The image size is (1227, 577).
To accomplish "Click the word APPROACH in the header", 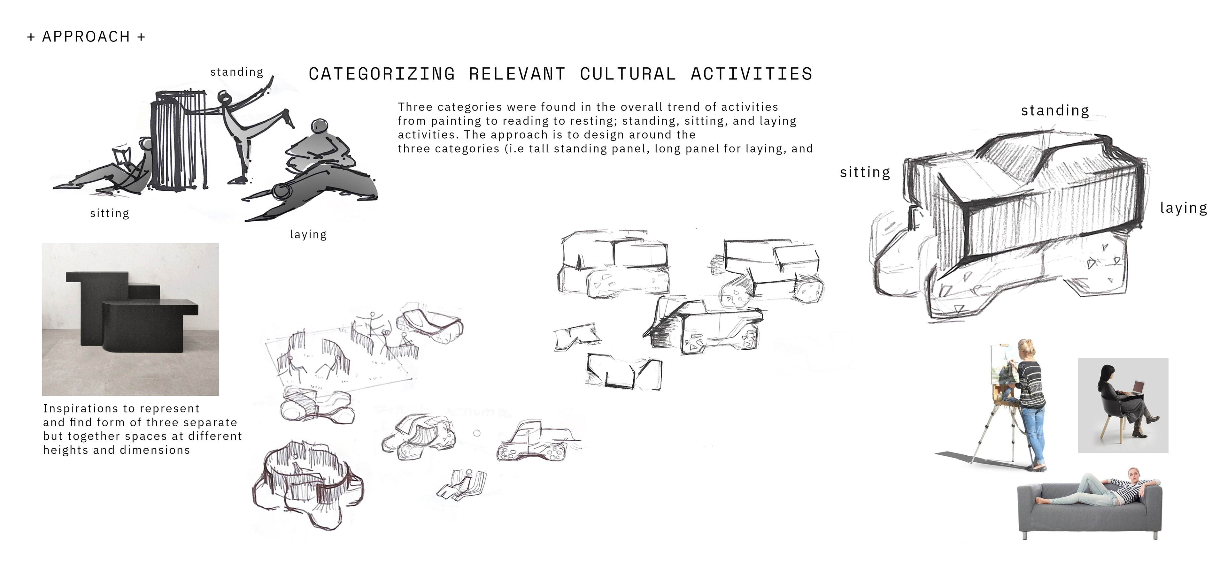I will (86, 37).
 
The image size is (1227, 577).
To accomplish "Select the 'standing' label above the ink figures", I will (237, 72).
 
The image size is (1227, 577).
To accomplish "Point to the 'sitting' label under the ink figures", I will (110, 213).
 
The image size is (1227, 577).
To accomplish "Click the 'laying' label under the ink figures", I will (308, 234).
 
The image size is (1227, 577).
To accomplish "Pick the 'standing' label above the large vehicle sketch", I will (1054, 110).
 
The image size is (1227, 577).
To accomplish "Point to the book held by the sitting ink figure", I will (121, 156).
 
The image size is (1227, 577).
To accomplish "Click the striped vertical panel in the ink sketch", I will (179, 143).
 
